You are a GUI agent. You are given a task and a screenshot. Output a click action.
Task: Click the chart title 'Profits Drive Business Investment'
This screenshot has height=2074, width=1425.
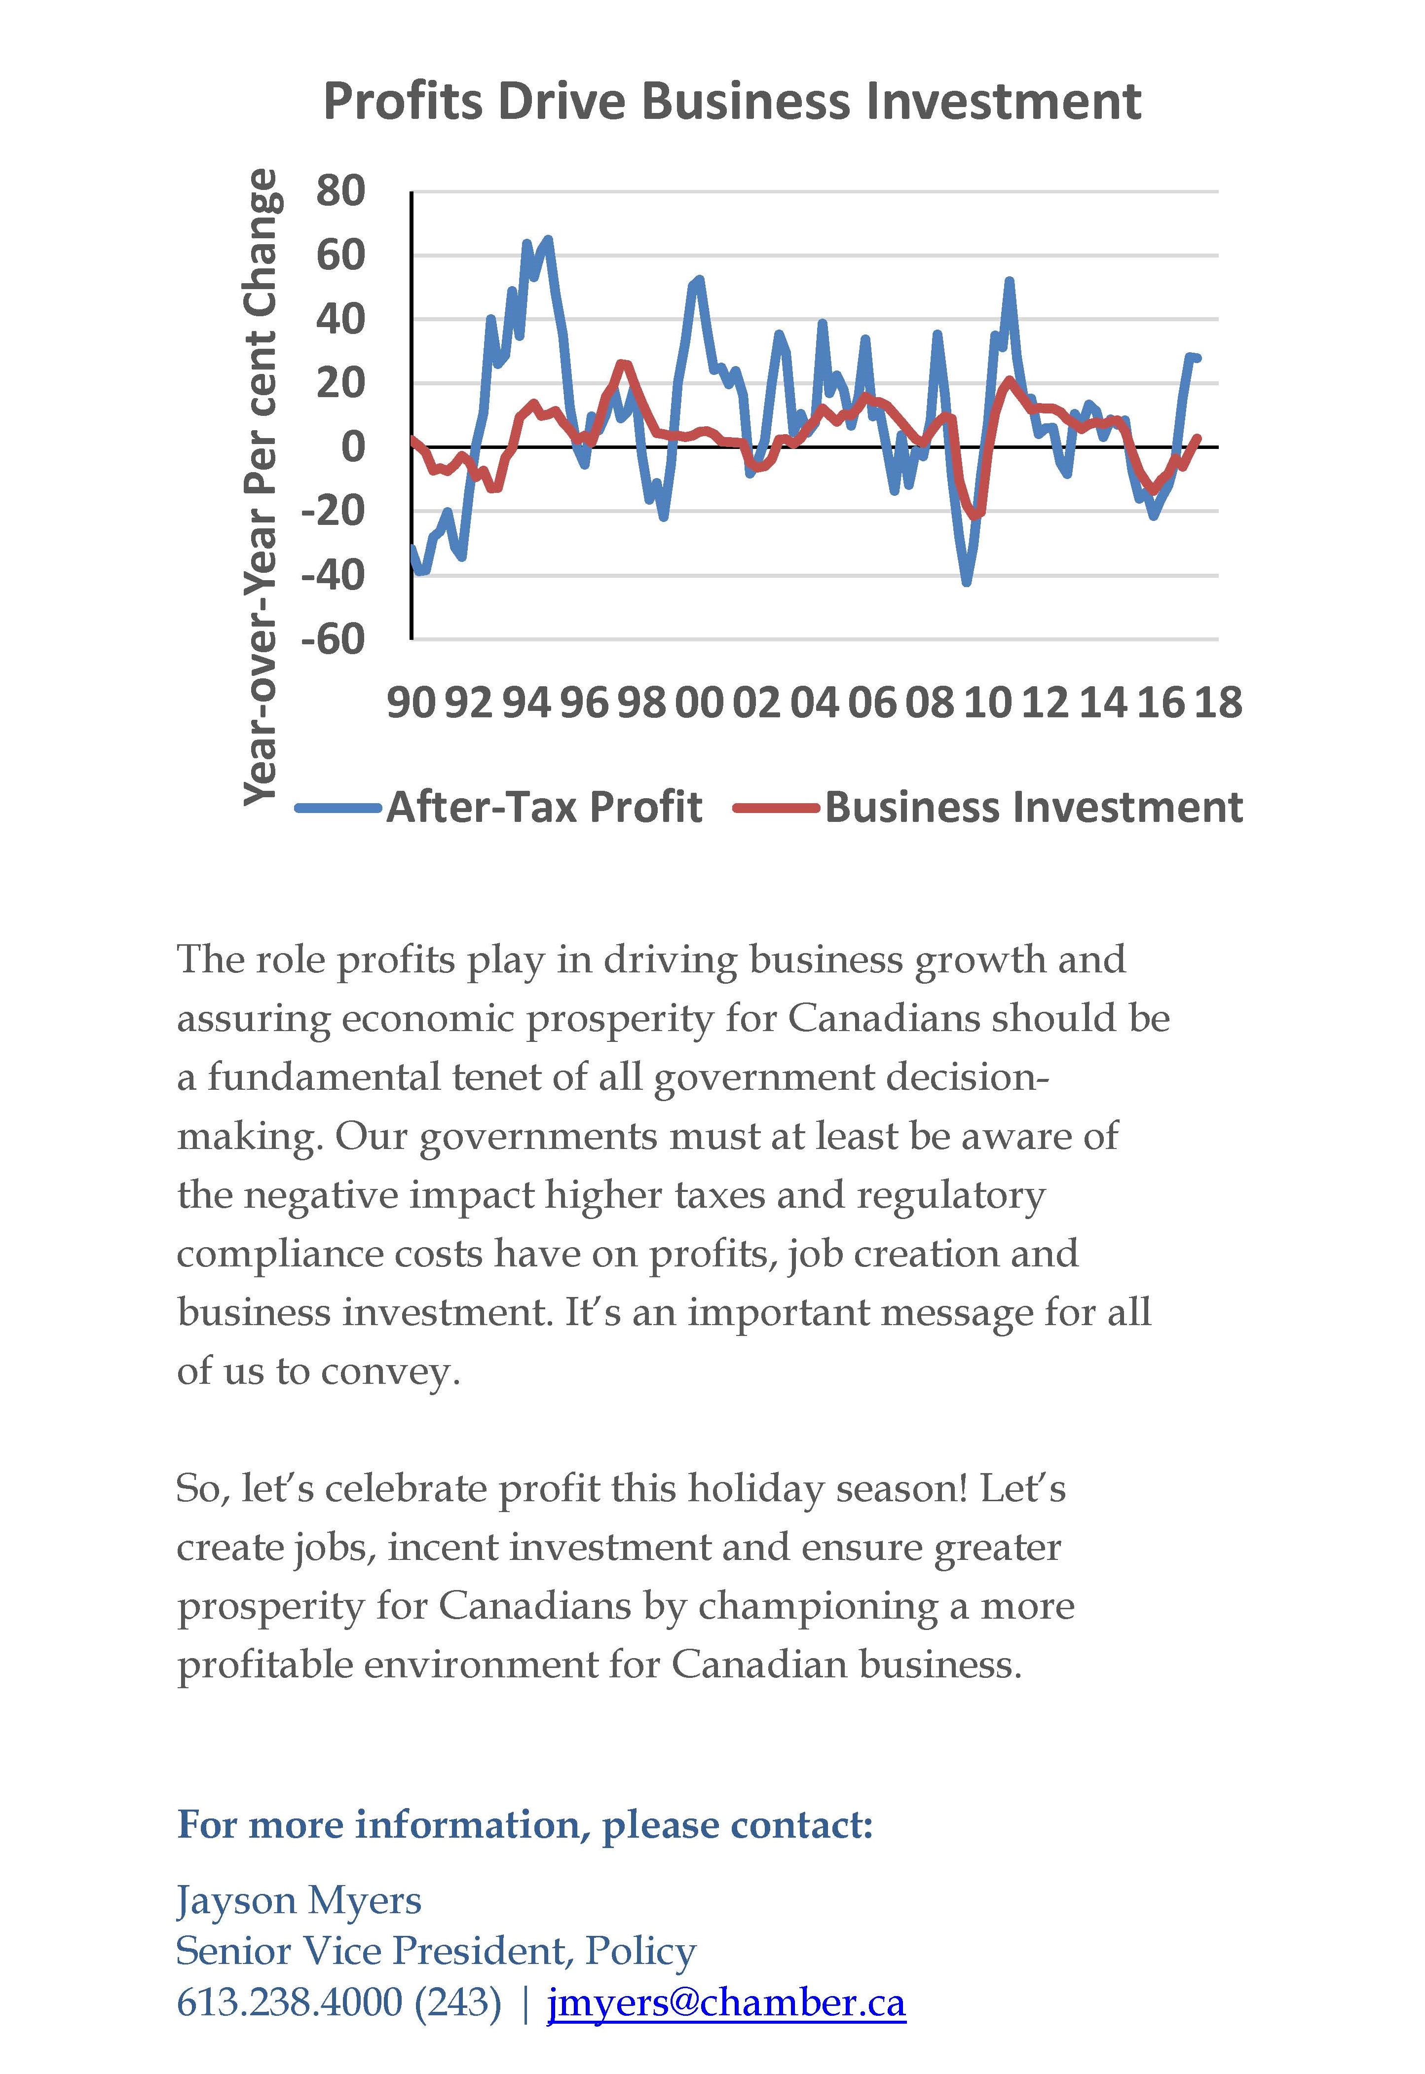732,101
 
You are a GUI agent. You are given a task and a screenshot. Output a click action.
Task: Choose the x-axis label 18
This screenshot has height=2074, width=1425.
1218,703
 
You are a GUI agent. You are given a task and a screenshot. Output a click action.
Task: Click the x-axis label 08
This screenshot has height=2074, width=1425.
930,703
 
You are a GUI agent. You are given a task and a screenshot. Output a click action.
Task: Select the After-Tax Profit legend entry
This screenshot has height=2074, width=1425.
500,807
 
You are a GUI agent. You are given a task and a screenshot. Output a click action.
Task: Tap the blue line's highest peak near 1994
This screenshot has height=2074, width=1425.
547,239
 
